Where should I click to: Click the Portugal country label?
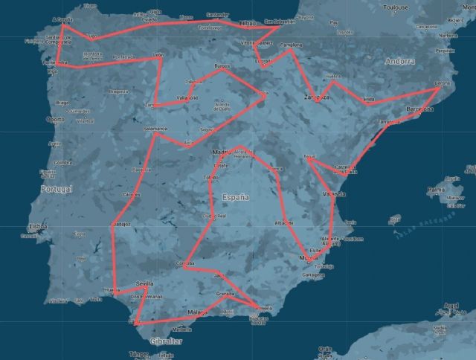click(56, 190)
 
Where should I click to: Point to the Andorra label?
click(400, 62)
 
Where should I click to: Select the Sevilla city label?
click(145, 283)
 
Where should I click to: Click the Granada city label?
click(226, 295)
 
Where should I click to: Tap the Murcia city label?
click(308, 258)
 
